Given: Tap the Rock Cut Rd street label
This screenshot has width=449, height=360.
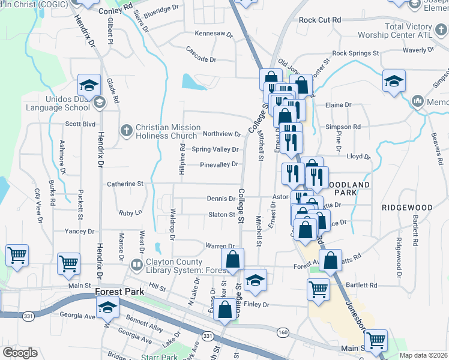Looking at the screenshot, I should pos(319,20).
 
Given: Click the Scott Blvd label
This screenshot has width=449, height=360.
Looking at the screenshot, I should pos(80,124).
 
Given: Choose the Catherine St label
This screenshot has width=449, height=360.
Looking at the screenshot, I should pos(125,184).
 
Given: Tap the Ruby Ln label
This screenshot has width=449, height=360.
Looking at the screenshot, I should pos(130,212).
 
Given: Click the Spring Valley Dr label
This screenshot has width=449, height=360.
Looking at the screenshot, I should pos(215,149).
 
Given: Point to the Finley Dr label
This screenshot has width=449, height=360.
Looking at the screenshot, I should pos(257,304).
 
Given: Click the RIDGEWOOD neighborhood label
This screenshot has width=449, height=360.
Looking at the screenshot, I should pos(407,208).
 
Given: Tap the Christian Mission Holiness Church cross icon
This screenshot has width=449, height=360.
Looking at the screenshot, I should pos(126,129).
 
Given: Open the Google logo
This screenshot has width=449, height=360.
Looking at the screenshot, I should pos(20,352).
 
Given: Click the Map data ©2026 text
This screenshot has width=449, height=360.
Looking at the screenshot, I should pos(423,355).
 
